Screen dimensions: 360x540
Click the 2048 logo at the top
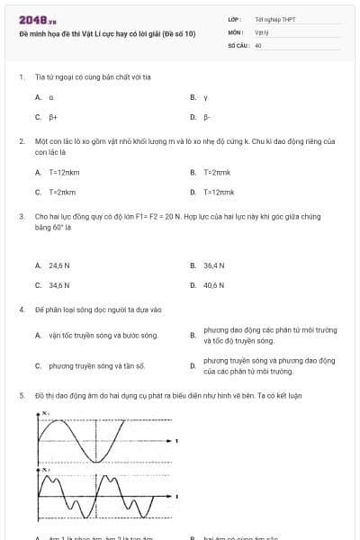[32, 20]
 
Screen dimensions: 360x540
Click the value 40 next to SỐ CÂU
[258, 44]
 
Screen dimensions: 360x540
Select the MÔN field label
[235, 31]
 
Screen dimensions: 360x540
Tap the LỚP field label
[235, 19]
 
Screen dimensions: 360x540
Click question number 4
[21, 310]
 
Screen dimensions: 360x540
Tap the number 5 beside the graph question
[21, 395]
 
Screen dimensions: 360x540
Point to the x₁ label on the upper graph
[45, 413]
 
